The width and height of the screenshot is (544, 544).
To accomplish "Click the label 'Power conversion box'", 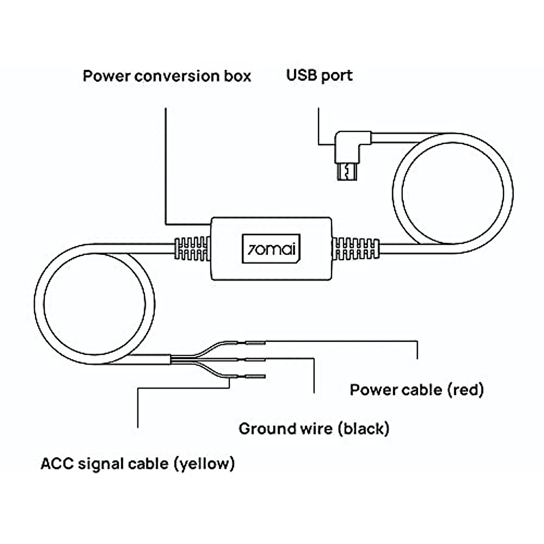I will click(x=166, y=76).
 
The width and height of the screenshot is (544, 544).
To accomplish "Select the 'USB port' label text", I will click(x=319, y=75).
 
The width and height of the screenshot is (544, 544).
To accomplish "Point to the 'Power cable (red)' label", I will click(x=417, y=389).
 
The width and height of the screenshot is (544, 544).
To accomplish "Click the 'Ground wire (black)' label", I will click(x=314, y=428).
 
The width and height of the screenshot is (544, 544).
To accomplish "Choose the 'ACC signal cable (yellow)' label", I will click(x=137, y=464).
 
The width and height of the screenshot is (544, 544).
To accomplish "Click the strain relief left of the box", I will click(x=192, y=248).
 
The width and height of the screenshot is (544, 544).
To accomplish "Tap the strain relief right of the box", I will click(x=355, y=248).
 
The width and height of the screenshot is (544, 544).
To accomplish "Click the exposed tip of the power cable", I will click(x=255, y=342).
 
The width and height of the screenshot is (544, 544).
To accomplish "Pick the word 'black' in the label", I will click(x=364, y=428).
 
